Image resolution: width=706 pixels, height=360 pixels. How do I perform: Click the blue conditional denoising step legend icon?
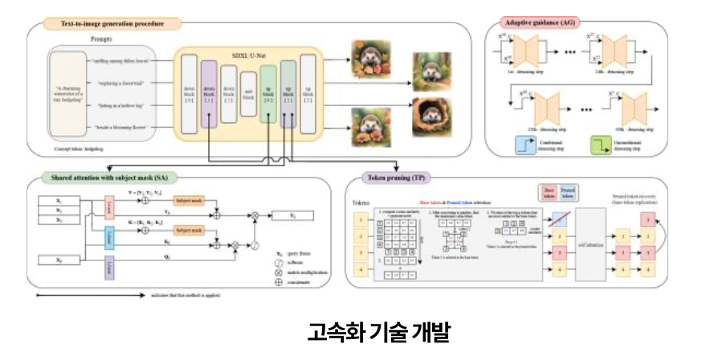coord(524,146)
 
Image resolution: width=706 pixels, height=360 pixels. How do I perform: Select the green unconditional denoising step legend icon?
coord(603,146)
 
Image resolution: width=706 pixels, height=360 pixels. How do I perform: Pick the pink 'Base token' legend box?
coord(549,193)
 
